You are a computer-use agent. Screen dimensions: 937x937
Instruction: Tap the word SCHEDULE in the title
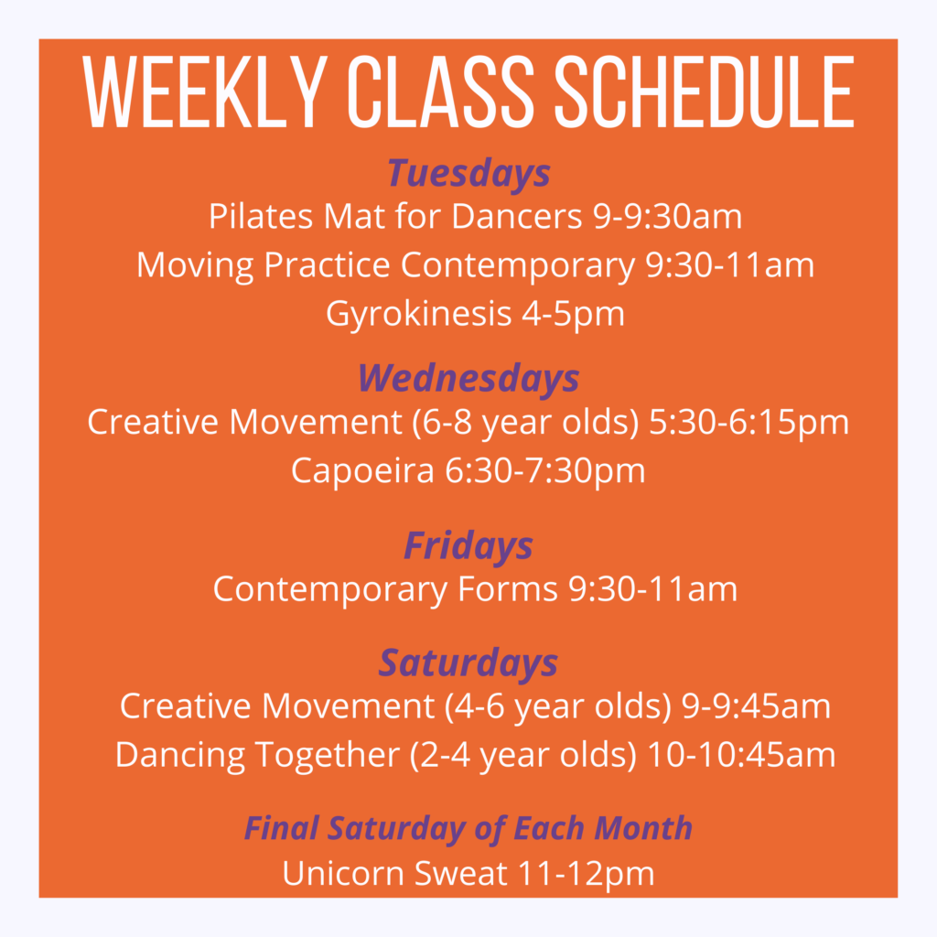705,92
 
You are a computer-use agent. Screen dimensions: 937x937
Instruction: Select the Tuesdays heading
469,174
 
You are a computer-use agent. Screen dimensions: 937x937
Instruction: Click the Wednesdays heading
468,378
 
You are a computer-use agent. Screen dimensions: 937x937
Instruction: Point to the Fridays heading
468,546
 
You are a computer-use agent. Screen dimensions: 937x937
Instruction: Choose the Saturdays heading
468,663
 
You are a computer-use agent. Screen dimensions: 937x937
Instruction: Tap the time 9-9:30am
667,216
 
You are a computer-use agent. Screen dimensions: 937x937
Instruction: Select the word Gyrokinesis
418,315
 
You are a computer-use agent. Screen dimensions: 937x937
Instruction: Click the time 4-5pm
573,315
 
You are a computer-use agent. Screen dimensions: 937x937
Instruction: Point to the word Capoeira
362,471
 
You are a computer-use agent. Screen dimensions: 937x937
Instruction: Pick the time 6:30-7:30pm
545,471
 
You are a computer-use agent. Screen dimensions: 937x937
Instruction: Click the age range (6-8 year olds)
525,423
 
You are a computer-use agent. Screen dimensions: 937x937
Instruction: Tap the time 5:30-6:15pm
749,423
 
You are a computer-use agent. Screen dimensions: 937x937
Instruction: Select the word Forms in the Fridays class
507,589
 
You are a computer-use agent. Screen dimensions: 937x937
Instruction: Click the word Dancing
180,755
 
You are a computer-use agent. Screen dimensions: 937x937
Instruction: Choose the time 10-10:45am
741,755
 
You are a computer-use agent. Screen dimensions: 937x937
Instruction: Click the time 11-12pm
586,875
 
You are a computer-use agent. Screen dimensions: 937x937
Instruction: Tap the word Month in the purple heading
643,828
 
